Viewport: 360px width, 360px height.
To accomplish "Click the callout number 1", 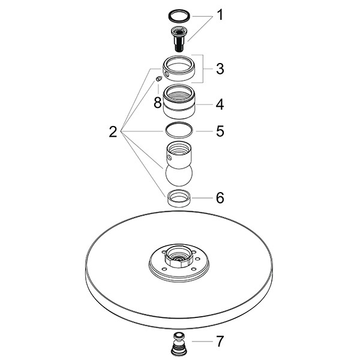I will point(220,14).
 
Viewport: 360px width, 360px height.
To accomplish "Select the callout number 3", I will point(220,69).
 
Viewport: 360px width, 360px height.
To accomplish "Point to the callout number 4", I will point(220,104).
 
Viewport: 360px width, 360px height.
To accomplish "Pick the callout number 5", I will point(220,130).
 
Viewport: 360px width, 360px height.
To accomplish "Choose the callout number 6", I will point(220,197).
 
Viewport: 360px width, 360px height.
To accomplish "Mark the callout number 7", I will point(220,342).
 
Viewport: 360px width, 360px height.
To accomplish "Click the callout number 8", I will point(157,103).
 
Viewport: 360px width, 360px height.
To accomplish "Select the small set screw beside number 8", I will point(157,79).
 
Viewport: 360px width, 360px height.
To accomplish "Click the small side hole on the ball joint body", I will point(170,158).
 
